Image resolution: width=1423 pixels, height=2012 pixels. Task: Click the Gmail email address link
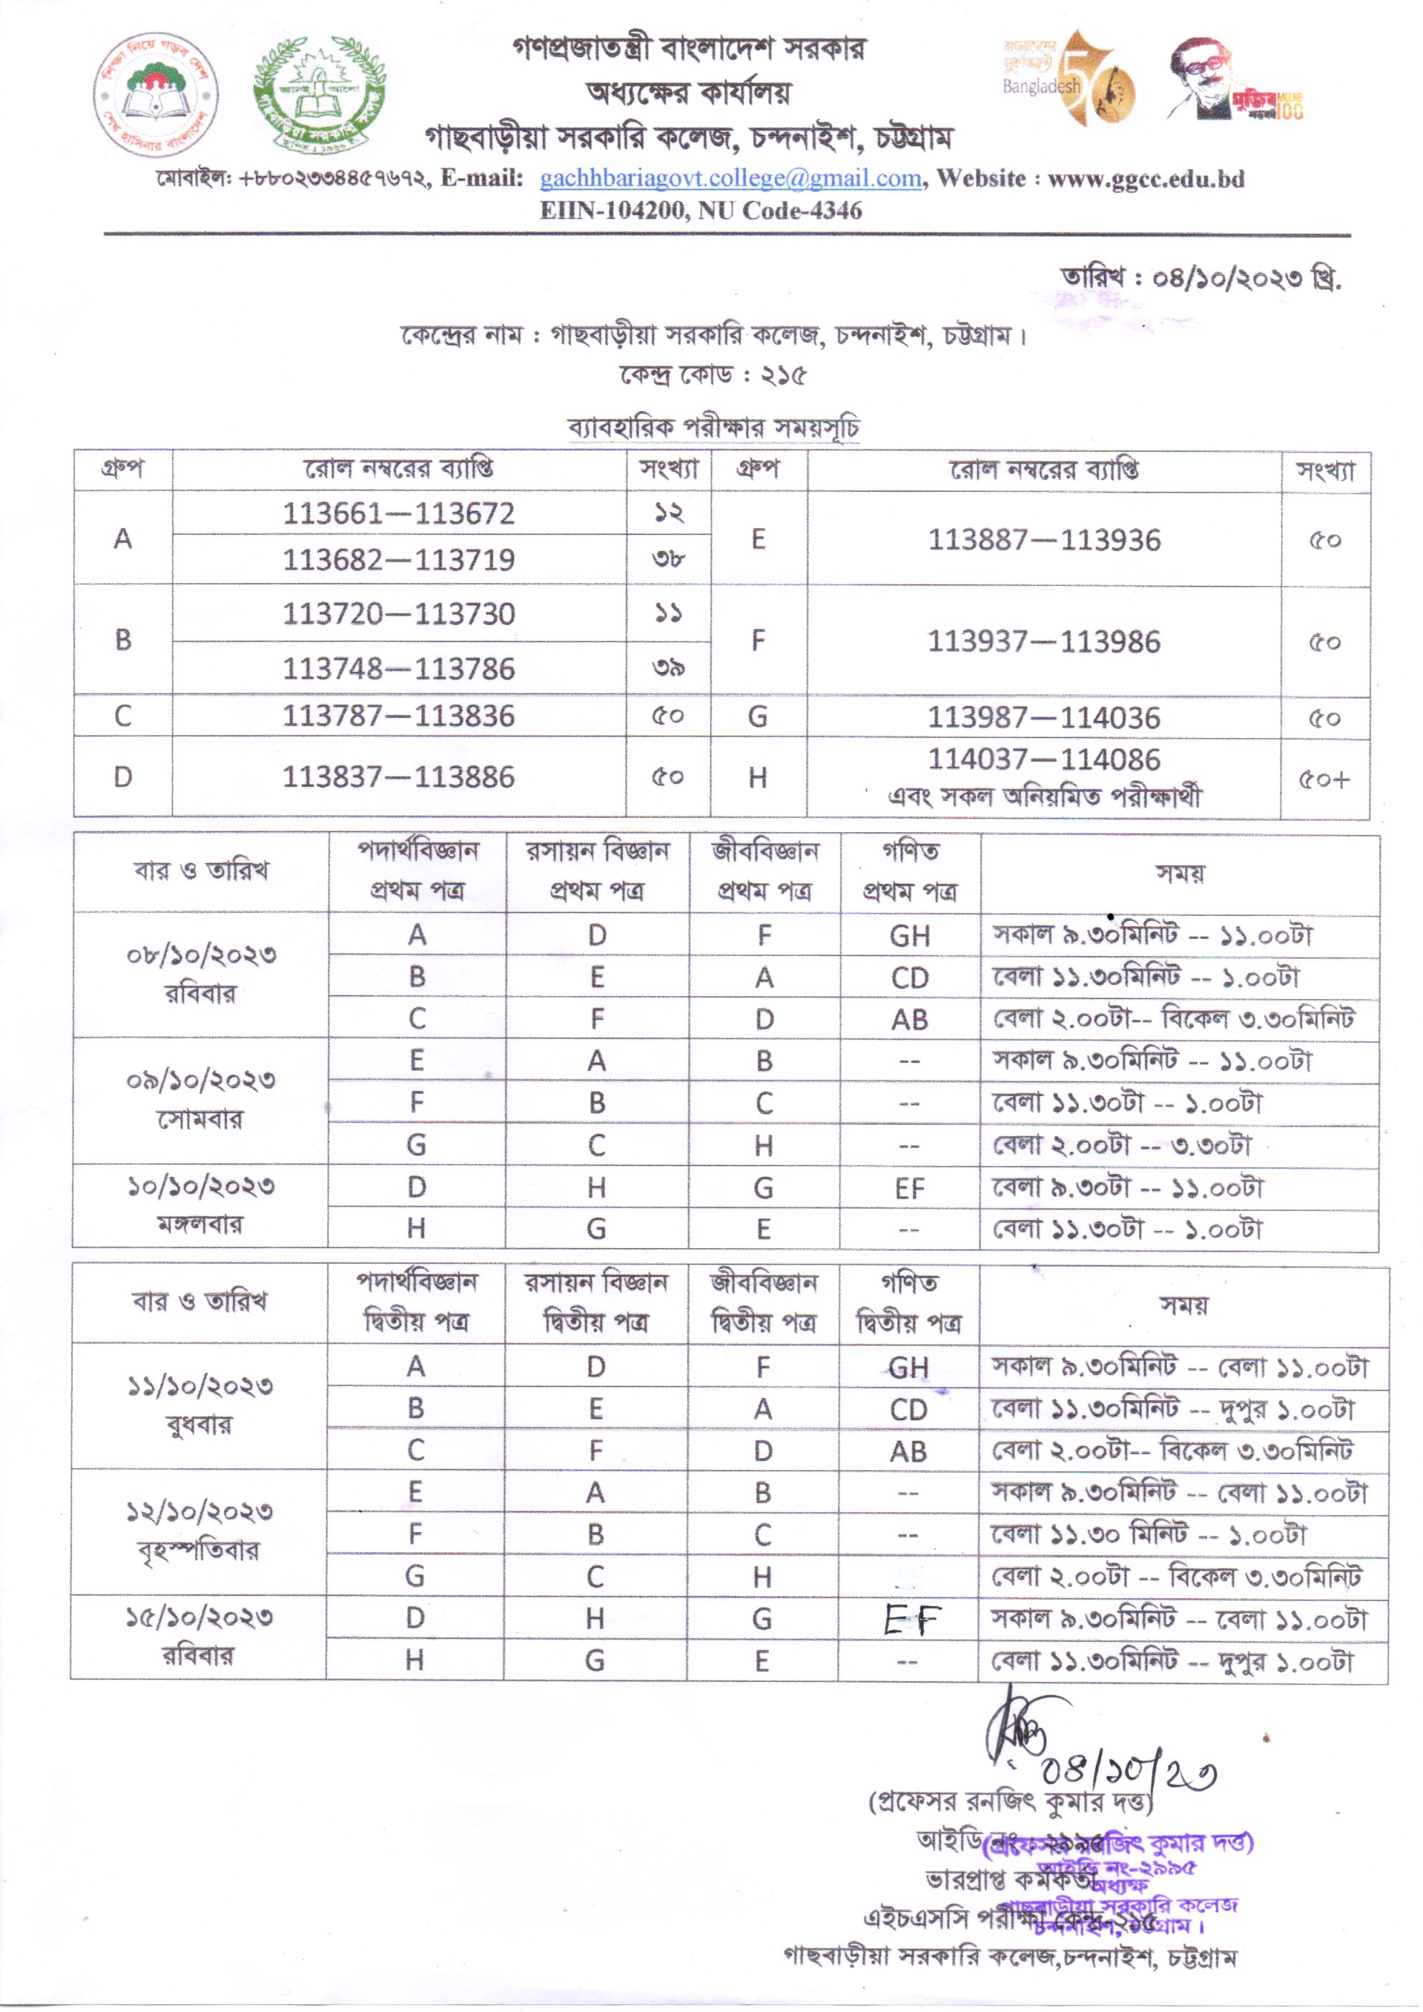[730, 179]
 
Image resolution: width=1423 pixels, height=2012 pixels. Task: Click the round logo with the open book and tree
[156, 95]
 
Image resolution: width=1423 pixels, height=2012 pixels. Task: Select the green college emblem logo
[319, 95]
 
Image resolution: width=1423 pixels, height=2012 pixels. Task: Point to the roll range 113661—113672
[399, 514]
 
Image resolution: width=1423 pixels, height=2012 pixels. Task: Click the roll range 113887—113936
[1044, 541]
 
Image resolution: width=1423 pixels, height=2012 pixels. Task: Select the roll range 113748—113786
[399, 669]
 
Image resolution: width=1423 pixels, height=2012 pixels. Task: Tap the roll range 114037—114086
[1044, 759]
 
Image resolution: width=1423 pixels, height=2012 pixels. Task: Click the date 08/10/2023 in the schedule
[202, 955]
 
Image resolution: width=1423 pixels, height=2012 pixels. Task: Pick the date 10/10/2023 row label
[202, 1187]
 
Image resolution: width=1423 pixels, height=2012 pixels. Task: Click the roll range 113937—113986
[1044, 642]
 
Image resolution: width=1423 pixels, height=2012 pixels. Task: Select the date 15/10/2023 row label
[200, 1617]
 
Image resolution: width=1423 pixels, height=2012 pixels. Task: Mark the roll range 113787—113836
[399, 717]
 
